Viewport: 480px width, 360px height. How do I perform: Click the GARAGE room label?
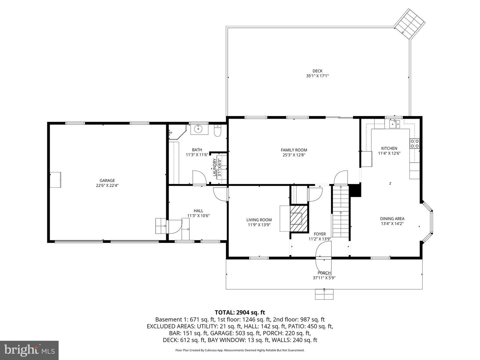pos(107,180)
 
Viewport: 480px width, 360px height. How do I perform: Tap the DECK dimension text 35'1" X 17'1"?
pos(317,76)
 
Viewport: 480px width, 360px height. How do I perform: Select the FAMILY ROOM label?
pos(294,150)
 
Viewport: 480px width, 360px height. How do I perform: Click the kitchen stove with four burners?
pos(414,144)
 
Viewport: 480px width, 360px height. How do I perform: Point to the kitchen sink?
pos(394,124)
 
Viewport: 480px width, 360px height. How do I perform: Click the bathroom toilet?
pos(218,131)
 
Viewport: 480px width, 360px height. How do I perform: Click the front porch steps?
pos(324,294)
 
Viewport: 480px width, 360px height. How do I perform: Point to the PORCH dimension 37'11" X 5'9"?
pos(324,278)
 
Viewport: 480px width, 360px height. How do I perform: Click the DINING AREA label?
pos(392,219)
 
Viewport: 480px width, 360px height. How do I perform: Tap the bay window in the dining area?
pos(428,222)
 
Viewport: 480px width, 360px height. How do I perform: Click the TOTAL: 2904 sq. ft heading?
pos(240,312)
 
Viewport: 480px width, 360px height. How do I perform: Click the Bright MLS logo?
pos(29,350)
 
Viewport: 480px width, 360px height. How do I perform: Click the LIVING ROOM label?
pos(259,220)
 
